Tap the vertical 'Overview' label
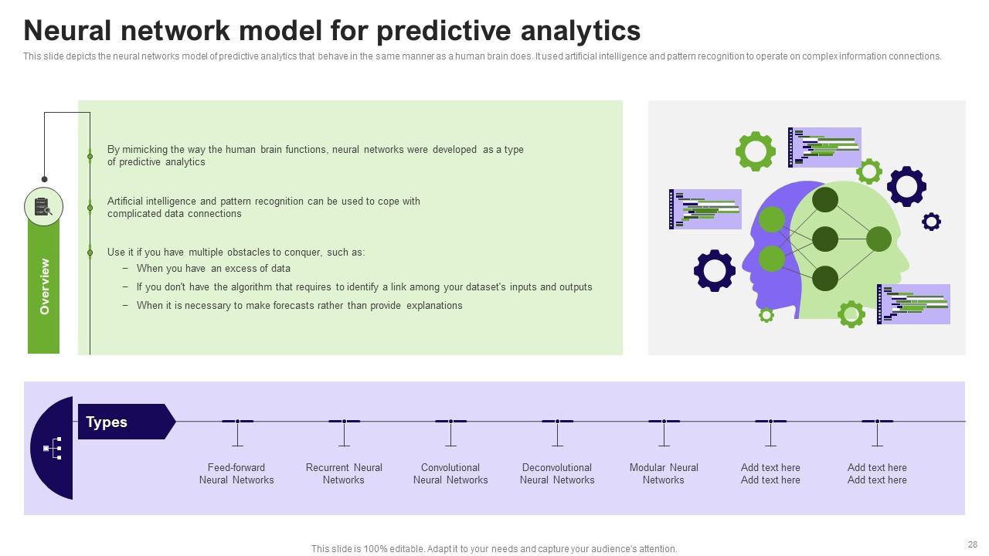click(x=45, y=286)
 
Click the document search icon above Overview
click(x=43, y=206)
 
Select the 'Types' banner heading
click(x=107, y=422)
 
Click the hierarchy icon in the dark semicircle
click(x=53, y=449)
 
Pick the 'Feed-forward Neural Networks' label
click(x=236, y=473)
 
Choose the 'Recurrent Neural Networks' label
click(x=344, y=473)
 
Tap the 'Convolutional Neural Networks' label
click(x=450, y=473)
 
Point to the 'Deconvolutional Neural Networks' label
click(x=557, y=473)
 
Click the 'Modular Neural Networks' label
click(x=664, y=473)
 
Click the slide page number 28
click(x=973, y=544)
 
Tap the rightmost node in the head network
click(x=879, y=239)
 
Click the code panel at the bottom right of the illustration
click(x=913, y=304)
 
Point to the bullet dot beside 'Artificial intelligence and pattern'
click(x=90, y=208)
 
